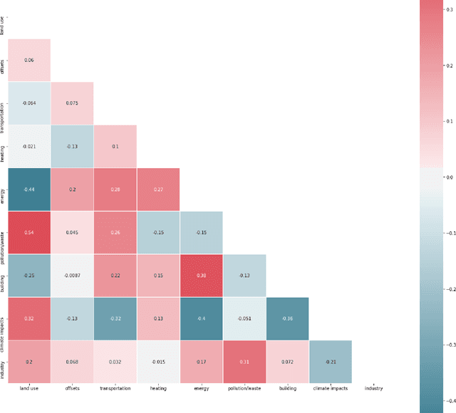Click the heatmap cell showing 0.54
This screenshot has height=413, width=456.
pyautogui.click(x=28, y=232)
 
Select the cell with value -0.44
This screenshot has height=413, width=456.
pyautogui.click(x=28, y=189)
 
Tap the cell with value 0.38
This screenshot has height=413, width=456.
pyautogui.click(x=202, y=276)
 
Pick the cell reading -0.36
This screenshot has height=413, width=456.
pyautogui.click(x=287, y=318)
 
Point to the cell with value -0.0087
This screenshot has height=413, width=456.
pyautogui.click(x=72, y=276)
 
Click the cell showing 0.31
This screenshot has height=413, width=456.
pyautogui.click(x=244, y=362)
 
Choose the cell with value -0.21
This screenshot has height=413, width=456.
pyautogui.click(x=330, y=362)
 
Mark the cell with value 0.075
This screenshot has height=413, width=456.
pyautogui.click(x=72, y=103)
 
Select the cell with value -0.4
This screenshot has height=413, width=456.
pyautogui.click(x=202, y=318)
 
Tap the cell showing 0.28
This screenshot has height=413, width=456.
pyautogui.click(x=115, y=189)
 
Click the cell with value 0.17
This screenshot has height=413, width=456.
pyautogui.click(x=202, y=362)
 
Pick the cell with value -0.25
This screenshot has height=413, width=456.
pyautogui.click(x=28, y=276)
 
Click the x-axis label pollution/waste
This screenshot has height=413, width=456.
pyautogui.click(x=244, y=389)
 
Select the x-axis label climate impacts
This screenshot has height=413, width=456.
pyautogui.click(x=330, y=389)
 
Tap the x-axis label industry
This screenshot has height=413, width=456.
pyautogui.click(x=373, y=389)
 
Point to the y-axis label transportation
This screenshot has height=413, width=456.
pyautogui.click(x=4, y=103)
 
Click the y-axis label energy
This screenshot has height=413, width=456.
pyautogui.click(x=4, y=189)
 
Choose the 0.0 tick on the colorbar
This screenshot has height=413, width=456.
pyautogui.click(x=448, y=176)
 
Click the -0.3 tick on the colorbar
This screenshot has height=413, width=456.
pyautogui.click(x=448, y=344)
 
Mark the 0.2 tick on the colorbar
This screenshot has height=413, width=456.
pyautogui.click(x=448, y=64)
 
